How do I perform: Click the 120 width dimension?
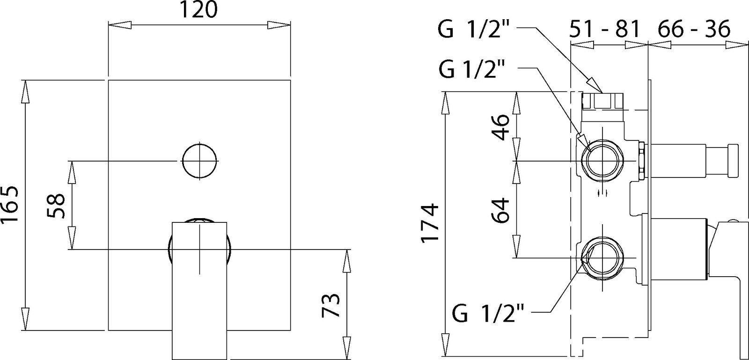coord(198,9)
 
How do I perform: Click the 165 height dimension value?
coord(9,205)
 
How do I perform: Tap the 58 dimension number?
coord(56,206)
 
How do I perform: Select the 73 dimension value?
coord(330,305)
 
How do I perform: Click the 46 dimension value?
coord(500,128)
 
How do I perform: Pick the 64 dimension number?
coord(500,210)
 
